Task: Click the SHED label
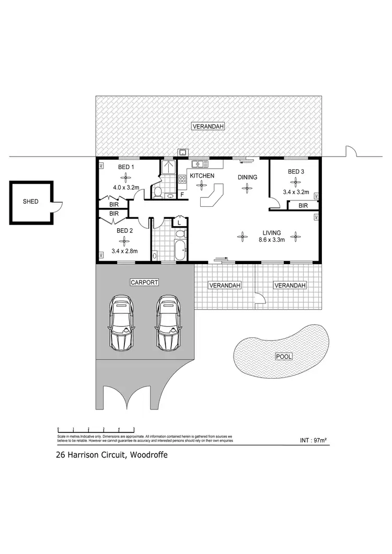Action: [x=30, y=202]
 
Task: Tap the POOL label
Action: [x=284, y=357]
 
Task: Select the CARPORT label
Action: [x=144, y=282]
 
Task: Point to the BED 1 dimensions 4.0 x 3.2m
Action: [x=125, y=186]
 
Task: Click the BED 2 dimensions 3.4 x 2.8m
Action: [x=124, y=251]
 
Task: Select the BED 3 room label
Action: [x=296, y=171]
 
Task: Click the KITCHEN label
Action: [x=202, y=176]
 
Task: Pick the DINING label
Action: [x=248, y=178]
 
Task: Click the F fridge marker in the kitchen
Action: [x=182, y=195]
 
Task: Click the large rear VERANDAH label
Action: [x=208, y=126]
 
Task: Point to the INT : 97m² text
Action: [x=313, y=441]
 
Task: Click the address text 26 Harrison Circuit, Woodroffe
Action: [x=112, y=454]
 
